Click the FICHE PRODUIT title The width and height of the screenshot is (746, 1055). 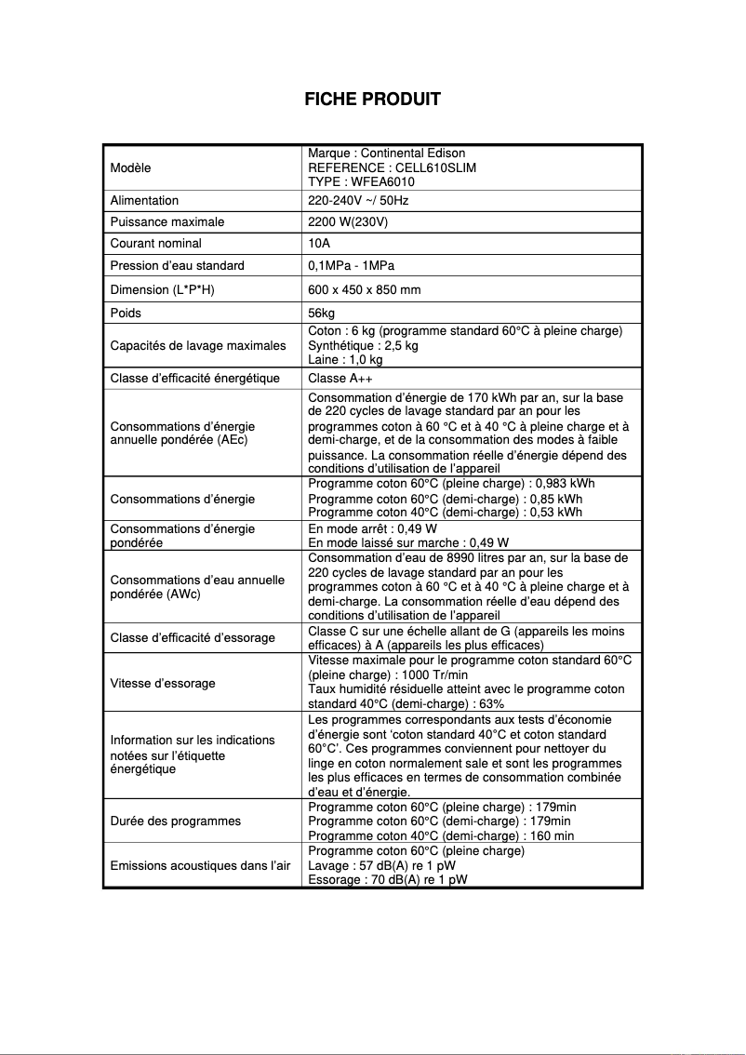coord(372,100)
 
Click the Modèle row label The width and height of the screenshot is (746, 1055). coord(130,167)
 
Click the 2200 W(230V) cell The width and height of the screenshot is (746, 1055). coord(348,222)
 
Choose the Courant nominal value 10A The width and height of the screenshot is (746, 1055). coord(317,244)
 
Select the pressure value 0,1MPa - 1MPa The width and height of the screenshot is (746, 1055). coord(351,266)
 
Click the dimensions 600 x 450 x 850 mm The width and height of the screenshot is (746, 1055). coord(364,289)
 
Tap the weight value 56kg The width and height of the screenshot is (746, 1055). coord(321,313)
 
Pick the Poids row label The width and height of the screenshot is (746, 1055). coord(126,313)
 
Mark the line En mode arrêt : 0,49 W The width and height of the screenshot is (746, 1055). coord(372,528)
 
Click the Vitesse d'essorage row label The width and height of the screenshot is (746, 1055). coord(163,683)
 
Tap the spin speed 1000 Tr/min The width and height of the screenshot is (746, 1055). coord(435,674)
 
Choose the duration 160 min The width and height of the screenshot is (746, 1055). coord(550,835)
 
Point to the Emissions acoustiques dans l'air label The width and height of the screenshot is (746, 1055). coord(200,866)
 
